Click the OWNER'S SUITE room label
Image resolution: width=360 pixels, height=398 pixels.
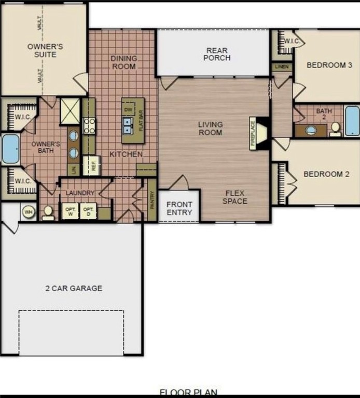pos(45,50)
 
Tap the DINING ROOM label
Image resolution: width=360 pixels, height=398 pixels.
pos(123,62)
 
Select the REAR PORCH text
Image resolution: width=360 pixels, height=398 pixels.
pos(218,54)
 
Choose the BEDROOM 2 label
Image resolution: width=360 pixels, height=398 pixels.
pos(326,174)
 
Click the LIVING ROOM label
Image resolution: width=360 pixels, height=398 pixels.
pos(210,129)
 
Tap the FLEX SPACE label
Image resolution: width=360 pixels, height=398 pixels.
pos(235,197)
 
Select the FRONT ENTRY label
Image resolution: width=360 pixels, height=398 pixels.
pos(179,208)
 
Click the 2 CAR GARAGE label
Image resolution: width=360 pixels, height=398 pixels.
pos(74,288)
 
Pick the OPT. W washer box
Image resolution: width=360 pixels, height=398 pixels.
pos(70,211)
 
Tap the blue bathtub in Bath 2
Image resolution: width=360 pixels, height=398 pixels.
pos(352,120)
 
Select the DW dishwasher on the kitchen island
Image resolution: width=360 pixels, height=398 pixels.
pos(128,110)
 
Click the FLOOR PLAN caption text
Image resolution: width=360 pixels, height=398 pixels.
pos(188,393)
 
